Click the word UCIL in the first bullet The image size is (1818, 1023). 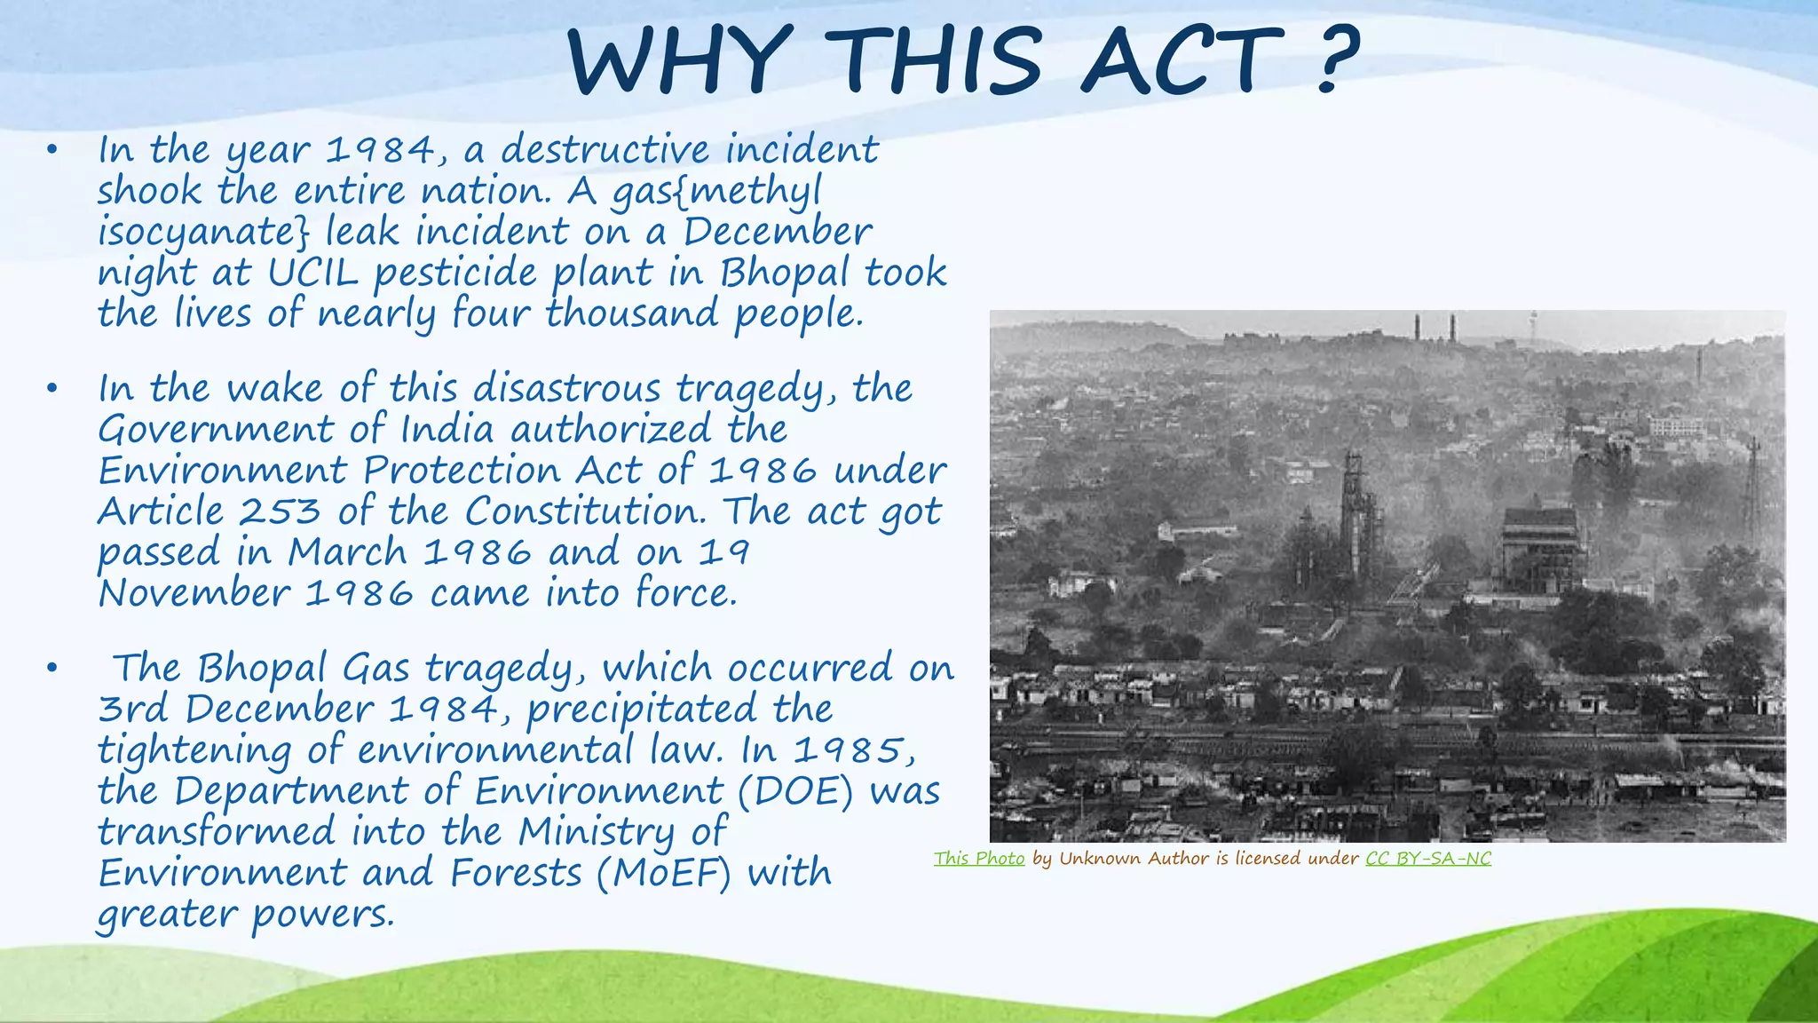[312, 273]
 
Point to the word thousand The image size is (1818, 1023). [631, 313]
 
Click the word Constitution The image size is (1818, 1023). [584, 511]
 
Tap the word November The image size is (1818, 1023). [194, 593]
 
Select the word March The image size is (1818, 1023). [347, 552]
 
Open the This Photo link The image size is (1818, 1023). [979, 858]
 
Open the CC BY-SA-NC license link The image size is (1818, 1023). [1428, 858]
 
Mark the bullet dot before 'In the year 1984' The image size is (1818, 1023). [52, 150]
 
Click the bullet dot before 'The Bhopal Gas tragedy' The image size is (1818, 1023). [52, 668]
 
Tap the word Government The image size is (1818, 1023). [216, 430]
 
